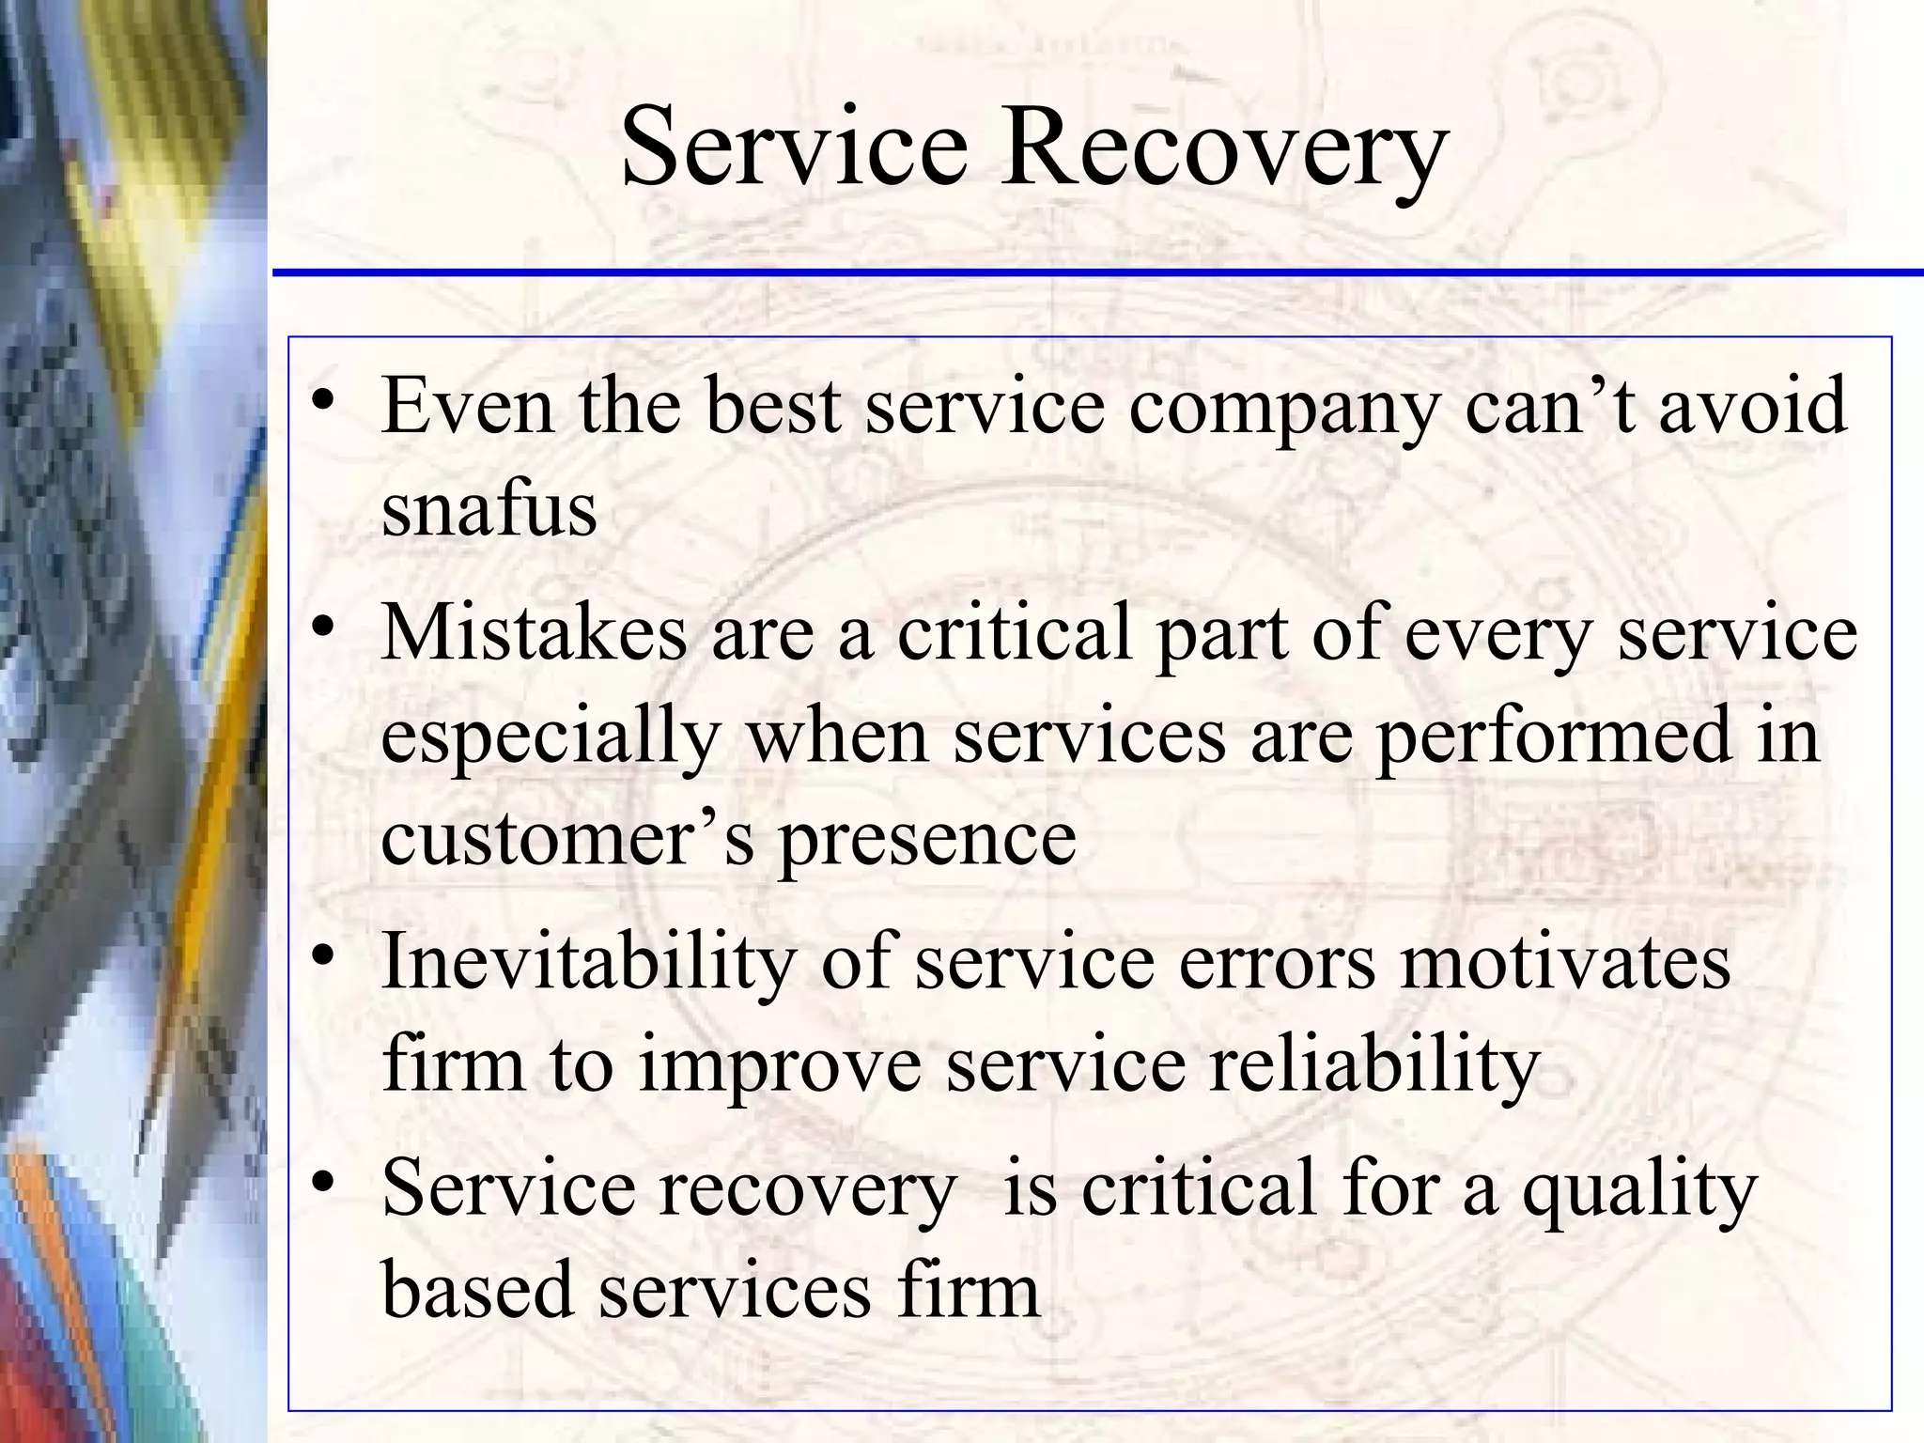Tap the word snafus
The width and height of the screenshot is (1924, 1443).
pos(489,509)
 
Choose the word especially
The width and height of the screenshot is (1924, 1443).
pos(551,738)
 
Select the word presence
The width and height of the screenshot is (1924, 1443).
pos(927,840)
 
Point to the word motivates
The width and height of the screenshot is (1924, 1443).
pos(1564,962)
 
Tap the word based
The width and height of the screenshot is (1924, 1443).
pos(477,1289)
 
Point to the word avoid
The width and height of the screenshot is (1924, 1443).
pos(1753,406)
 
